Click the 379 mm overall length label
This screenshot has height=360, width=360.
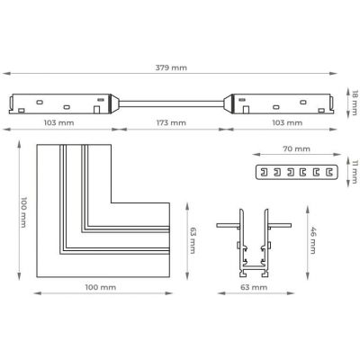171,67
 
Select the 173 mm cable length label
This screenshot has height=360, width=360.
171,122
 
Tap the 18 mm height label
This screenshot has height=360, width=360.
355,103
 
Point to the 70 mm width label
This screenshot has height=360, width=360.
296,148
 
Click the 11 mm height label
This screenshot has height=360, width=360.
355,172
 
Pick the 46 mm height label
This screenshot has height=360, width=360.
313,240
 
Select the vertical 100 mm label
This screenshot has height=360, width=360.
23,212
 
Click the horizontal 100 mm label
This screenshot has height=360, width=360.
101,287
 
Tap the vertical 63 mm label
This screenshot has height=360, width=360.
193,240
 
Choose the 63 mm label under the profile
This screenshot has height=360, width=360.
254,287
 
